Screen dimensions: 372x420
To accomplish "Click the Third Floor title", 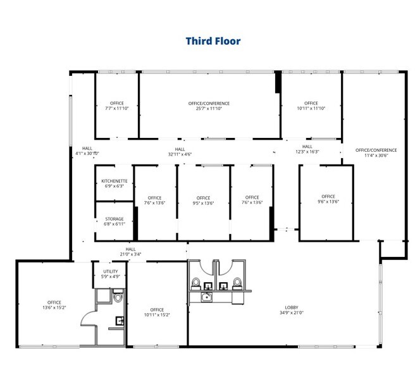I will point(213,41).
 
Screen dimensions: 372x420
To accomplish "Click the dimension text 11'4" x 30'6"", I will point(376,155).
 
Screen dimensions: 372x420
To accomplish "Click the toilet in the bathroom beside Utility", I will point(118,296).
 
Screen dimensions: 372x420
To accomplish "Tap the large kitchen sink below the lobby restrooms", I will point(207,297).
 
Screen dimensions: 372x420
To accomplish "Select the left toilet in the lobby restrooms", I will point(196,283).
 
